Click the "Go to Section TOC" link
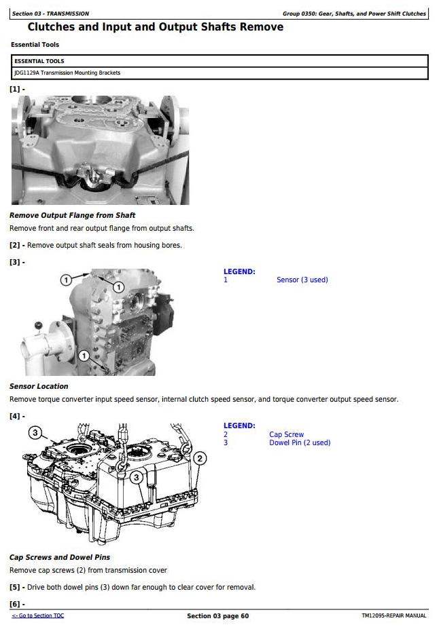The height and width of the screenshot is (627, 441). (38, 616)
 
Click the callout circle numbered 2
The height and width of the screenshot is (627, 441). (200, 458)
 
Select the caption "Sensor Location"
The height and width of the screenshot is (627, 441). (39, 386)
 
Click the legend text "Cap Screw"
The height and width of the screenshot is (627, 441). (286, 434)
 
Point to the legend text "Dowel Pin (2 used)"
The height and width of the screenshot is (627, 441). (300, 442)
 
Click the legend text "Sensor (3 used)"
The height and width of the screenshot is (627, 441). (302, 280)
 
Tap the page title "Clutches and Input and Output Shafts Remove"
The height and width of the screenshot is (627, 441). (156, 26)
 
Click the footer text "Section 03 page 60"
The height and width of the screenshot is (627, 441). (218, 616)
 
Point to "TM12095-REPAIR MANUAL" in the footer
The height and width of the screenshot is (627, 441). (393, 616)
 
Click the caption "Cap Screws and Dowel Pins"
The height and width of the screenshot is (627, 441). (60, 557)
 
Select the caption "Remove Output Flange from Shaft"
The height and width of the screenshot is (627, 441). (73, 215)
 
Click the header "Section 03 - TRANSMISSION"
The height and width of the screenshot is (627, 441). (50, 14)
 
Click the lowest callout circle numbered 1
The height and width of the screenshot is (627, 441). (84, 356)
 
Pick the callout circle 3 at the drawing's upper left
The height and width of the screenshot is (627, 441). (35, 432)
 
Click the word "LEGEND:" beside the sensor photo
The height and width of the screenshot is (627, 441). (239, 271)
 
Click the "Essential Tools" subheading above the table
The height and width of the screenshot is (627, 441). (35, 45)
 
